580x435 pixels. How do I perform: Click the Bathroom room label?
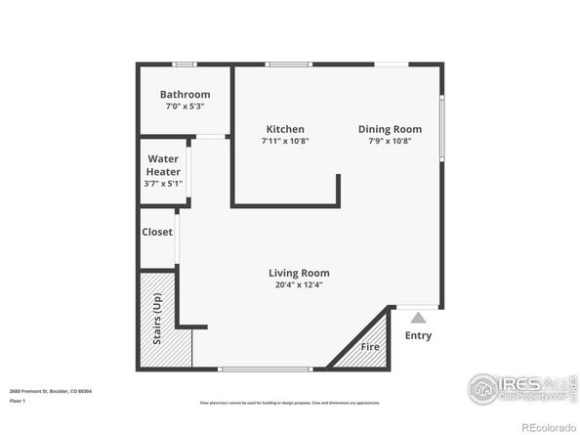click(184, 95)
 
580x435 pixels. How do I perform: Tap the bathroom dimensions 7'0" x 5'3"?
click(184, 107)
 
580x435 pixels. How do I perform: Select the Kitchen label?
click(285, 129)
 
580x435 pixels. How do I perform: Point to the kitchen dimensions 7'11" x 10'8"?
click(285, 141)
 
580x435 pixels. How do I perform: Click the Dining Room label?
click(390, 129)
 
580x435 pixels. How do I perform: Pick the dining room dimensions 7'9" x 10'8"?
click(390, 141)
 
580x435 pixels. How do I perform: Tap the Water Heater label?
click(163, 165)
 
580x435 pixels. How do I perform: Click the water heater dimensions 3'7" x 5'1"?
click(163, 183)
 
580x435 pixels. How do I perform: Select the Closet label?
click(157, 233)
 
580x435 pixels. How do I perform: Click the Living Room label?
click(299, 273)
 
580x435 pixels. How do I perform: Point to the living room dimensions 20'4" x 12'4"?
click(299, 285)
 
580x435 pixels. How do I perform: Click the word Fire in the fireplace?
click(370, 347)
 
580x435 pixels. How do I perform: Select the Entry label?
click(418, 335)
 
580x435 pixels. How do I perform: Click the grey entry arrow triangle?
click(418, 317)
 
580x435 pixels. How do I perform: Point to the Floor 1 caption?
click(19, 401)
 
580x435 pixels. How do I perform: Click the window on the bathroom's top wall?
click(184, 65)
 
